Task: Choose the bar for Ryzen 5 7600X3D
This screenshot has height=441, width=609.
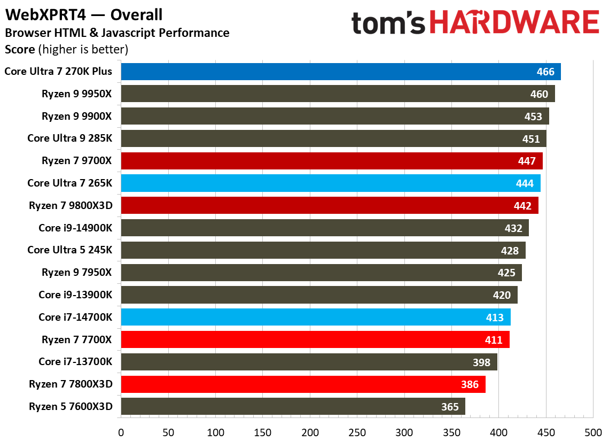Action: (293, 407)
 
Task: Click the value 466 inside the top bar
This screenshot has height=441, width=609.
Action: (545, 72)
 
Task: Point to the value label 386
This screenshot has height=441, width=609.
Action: (470, 384)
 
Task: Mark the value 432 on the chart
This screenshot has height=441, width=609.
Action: (513, 228)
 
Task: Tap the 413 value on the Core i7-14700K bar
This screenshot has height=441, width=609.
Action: (495, 318)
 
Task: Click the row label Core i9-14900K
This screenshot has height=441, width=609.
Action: (75, 228)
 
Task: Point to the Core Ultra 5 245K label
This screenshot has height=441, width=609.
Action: (70, 250)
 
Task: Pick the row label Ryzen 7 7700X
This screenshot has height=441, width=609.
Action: (77, 339)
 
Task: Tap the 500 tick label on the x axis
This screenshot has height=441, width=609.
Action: (593, 431)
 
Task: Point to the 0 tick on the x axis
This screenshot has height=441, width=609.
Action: (121, 431)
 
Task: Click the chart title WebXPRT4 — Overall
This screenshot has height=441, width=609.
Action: (84, 14)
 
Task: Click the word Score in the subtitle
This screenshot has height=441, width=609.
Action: (20, 50)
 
